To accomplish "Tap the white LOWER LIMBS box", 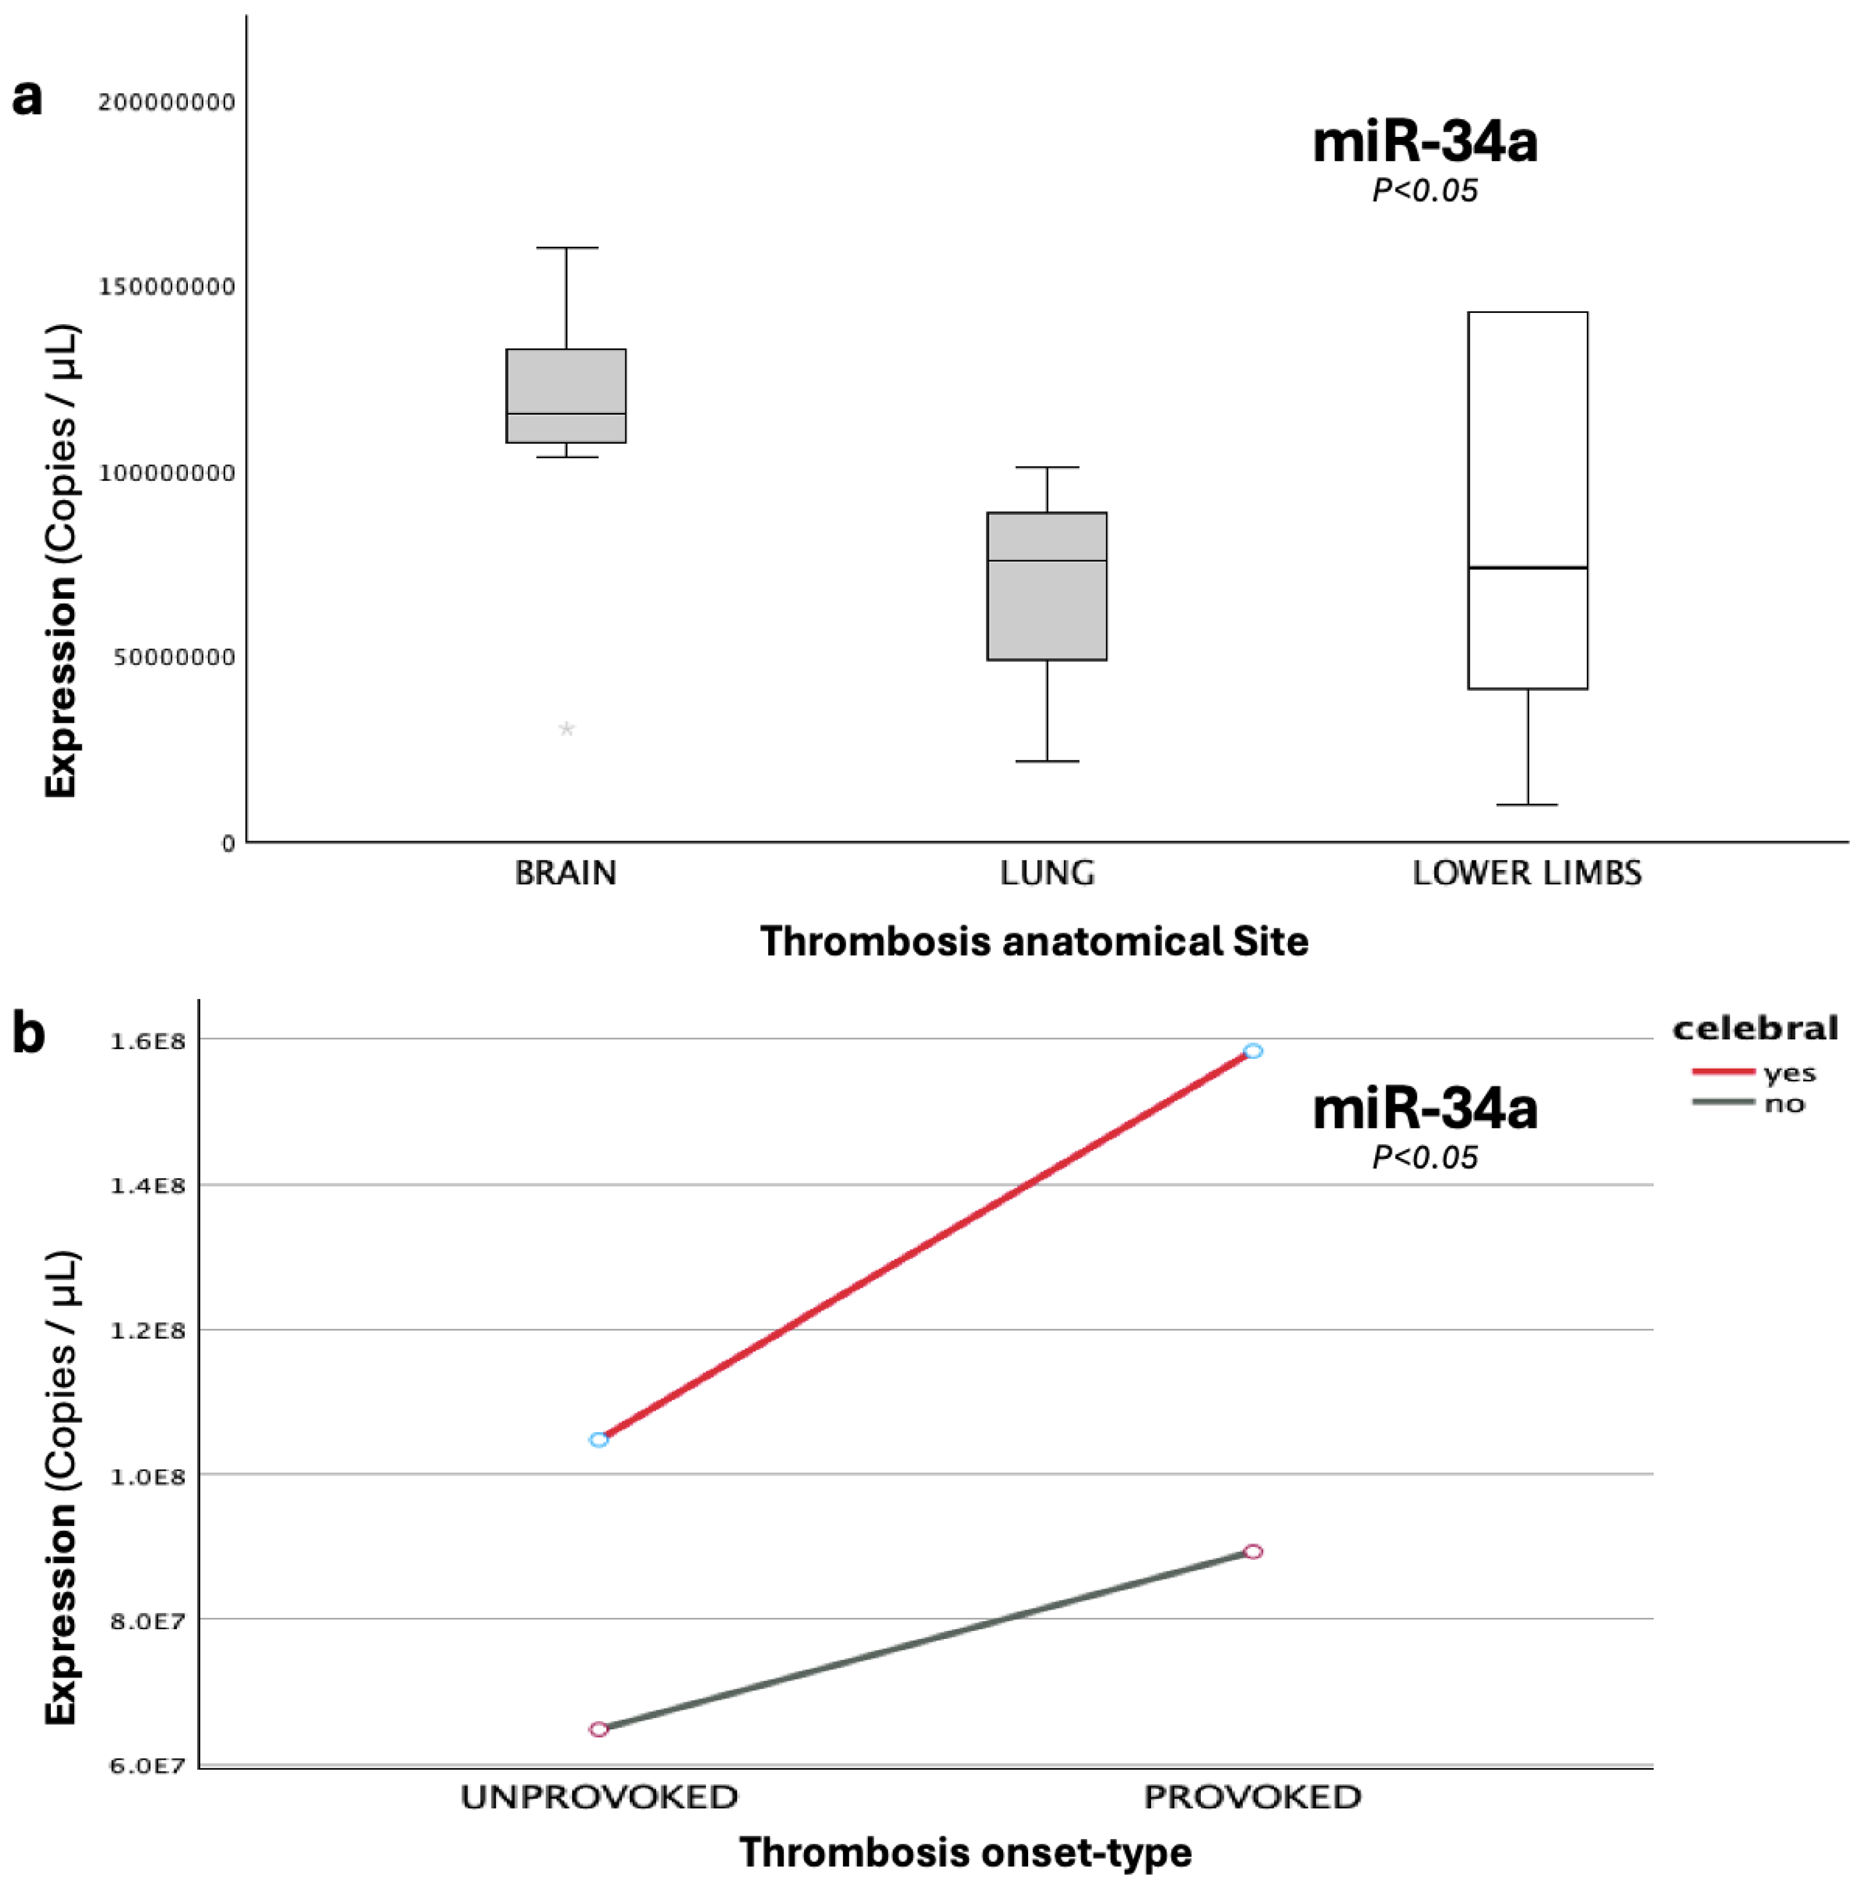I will [x=1527, y=501].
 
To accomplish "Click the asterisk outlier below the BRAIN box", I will [x=566, y=729].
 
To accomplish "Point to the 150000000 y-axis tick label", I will [x=166, y=286].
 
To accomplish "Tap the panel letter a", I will [x=28, y=98].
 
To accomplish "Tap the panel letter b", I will [x=28, y=1033].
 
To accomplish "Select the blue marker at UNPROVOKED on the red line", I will [x=598, y=1439].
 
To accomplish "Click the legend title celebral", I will [x=1755, y=1028].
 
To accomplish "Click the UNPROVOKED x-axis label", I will [x=598, y=1797].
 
